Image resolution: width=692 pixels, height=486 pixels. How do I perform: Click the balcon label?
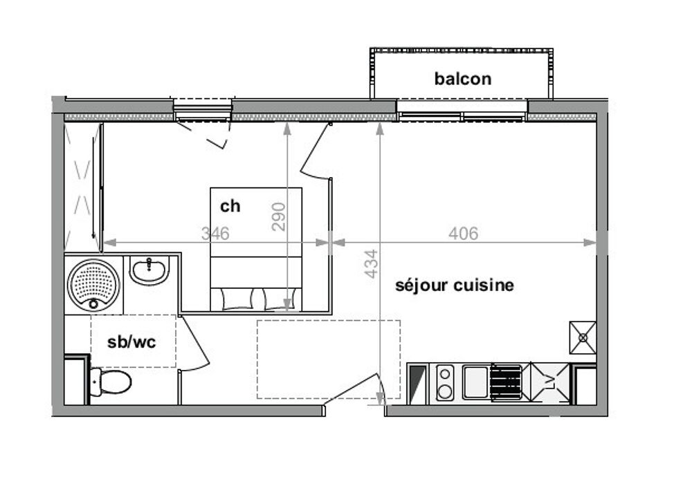462,79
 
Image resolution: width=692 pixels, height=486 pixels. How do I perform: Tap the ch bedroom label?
230,206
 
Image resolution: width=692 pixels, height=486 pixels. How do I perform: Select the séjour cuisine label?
454,285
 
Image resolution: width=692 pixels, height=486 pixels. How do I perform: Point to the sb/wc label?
131,342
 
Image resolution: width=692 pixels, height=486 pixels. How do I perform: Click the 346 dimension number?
215,233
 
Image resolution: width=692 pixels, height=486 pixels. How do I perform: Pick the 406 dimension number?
463,233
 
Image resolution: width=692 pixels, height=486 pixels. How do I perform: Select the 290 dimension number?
278,216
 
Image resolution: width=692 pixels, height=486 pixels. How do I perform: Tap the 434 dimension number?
372,263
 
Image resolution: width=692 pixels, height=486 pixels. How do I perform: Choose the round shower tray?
93,286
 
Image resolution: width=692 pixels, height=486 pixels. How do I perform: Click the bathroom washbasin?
149,270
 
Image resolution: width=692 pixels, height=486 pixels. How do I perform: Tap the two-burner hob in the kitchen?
445,382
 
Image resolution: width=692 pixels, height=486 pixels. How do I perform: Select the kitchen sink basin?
476,382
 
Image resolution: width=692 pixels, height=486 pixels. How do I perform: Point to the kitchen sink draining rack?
506,382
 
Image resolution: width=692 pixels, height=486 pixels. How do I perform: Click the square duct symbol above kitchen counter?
583,337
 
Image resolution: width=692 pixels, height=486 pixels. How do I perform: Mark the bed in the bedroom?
256,249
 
